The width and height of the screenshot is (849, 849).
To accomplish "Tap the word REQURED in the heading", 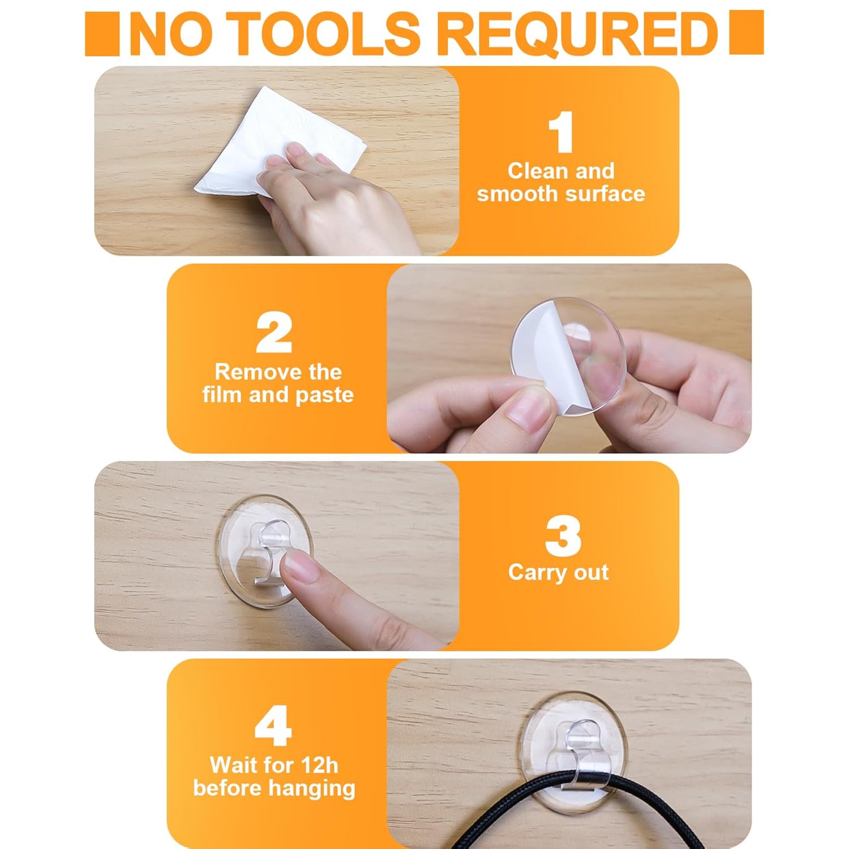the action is tap(578, 33).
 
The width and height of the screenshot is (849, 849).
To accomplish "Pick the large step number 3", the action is tap(563, 535).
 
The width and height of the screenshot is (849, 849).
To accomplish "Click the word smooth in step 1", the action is tap(517, 194).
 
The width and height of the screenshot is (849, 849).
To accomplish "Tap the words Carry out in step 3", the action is tap(559, 573).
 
